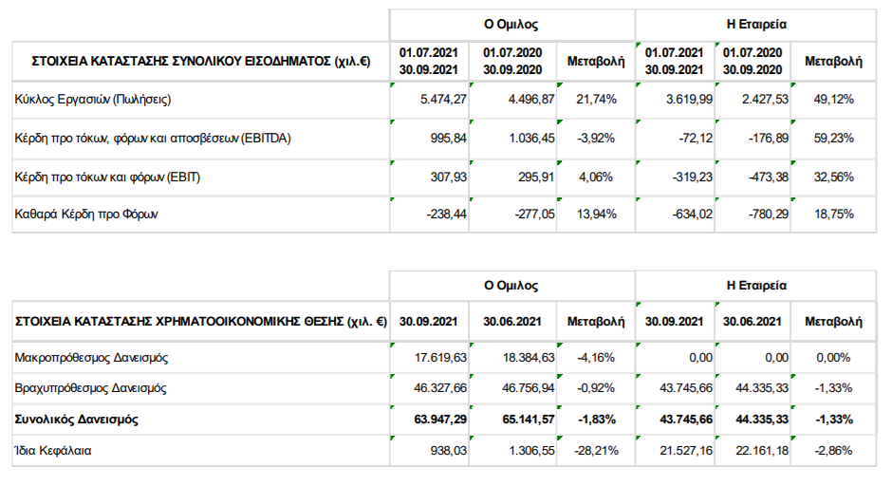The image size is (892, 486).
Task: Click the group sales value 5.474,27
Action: [x=443, y=99]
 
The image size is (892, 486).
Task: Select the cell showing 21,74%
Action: [x=596, y=99]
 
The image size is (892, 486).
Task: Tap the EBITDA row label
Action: [x=153, y=139]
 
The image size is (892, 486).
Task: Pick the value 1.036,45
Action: [x=531, y=139]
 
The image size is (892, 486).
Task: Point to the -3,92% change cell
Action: [x=596, y=139]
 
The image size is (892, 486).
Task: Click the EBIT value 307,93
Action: [x=448, y=177]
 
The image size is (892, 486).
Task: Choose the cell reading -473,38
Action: [x=769, y=177]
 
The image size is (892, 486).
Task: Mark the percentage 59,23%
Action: [x=833, y=139]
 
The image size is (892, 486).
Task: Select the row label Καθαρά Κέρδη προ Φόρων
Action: [x=86, y=215]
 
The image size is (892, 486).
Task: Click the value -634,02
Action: [x=693, y=215]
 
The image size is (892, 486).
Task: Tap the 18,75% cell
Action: [x=833, y=215]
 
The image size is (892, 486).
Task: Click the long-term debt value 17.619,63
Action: [x=440, y=358]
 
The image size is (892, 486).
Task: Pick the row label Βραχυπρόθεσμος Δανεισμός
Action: [x=90, y=388]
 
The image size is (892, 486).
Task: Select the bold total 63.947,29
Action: [x=440, y=420]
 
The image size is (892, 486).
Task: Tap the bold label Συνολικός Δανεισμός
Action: [x=76, y=420]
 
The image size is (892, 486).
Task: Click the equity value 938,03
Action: [x=448, y=451]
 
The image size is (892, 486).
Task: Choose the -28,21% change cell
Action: [x=596, y=451]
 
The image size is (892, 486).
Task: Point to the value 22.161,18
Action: [x=762, y=451]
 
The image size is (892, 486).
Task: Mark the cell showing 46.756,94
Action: [x=528, y=388]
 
